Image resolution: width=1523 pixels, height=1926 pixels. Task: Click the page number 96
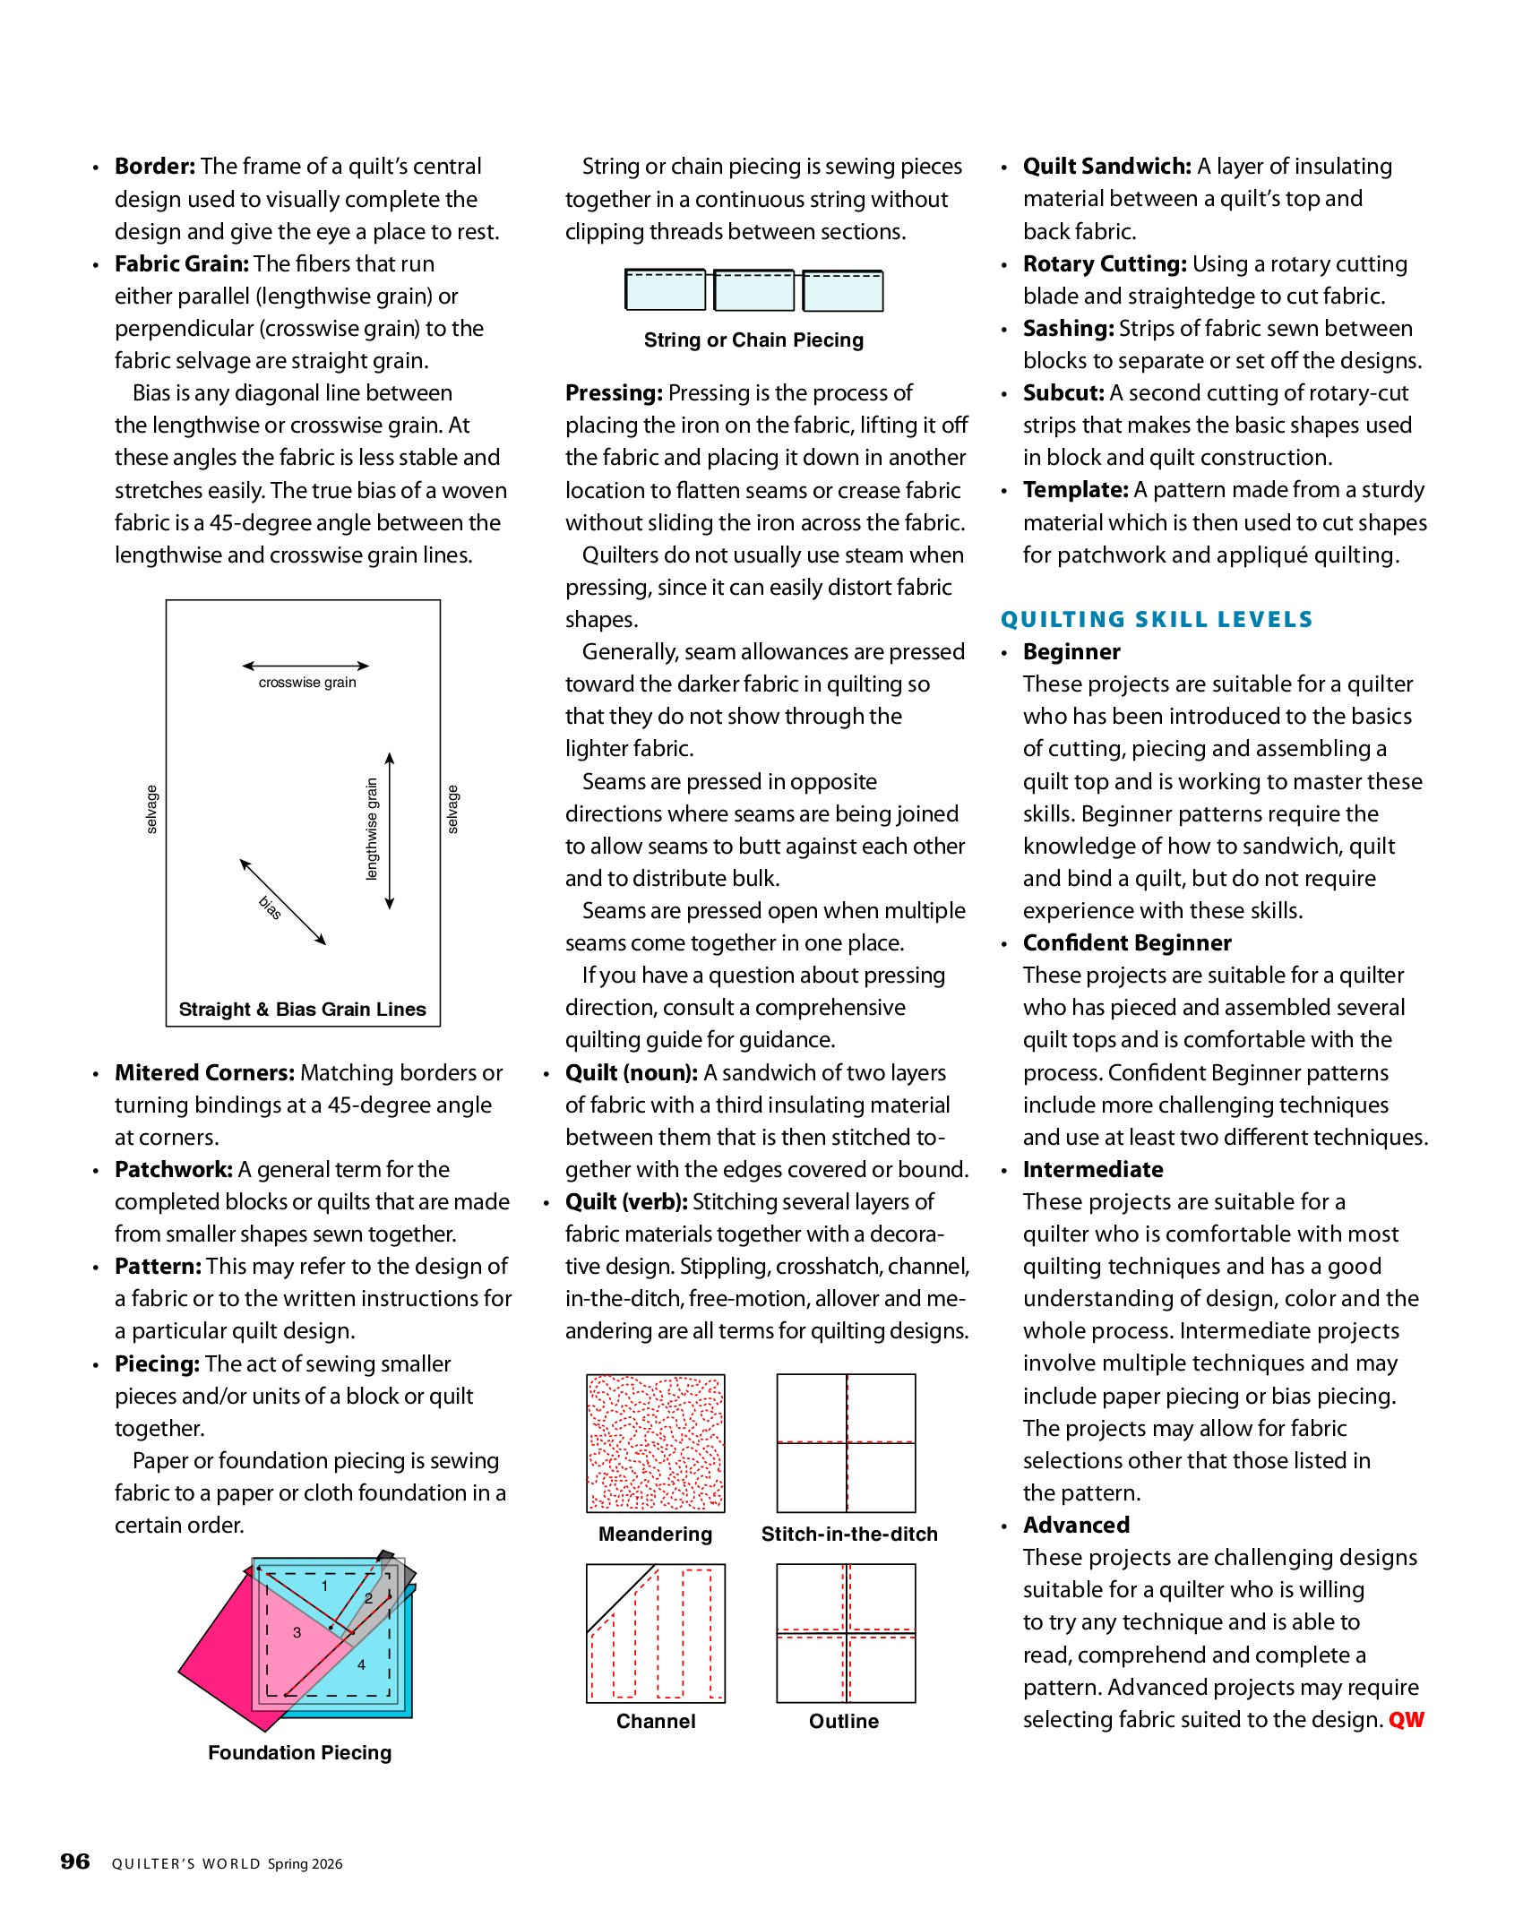pos(75,1862)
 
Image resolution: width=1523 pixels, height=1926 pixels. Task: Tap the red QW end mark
pos(1406,1720)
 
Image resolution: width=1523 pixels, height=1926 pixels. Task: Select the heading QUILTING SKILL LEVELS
pos(1157,620)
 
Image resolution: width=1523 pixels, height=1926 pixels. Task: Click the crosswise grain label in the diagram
pos(307,683)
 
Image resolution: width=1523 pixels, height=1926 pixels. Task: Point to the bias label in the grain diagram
pos(270,907)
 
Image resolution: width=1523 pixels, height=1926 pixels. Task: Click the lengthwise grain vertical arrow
pos(390,831)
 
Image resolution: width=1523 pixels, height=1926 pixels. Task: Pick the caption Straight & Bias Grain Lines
pos(303,1010)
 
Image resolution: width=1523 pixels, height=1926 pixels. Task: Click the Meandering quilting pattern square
pos(656,1443)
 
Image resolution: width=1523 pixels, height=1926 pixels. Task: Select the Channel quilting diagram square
pos(656,1633)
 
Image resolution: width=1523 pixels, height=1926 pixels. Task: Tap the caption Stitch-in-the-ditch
pos(849,1535)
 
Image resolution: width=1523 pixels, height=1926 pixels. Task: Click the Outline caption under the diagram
pos(844,1722)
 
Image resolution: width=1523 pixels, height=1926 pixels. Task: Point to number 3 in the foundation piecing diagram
pos(297,1633)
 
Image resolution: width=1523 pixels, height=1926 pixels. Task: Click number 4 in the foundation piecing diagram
pos(361,1665)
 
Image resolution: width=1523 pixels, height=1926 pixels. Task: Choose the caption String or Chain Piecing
pos(753,340)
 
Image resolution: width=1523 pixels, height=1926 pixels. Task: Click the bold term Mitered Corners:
pos(204,1073)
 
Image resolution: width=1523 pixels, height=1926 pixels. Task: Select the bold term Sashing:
pos(1068,329)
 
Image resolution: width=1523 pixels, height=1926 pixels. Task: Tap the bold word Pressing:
pos(614,393)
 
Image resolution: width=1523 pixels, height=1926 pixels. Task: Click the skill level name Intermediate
pos(1093,1170)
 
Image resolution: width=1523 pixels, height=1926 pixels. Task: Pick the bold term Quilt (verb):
pos(626,1202)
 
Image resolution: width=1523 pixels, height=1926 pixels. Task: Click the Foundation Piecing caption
pos(300,1753)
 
